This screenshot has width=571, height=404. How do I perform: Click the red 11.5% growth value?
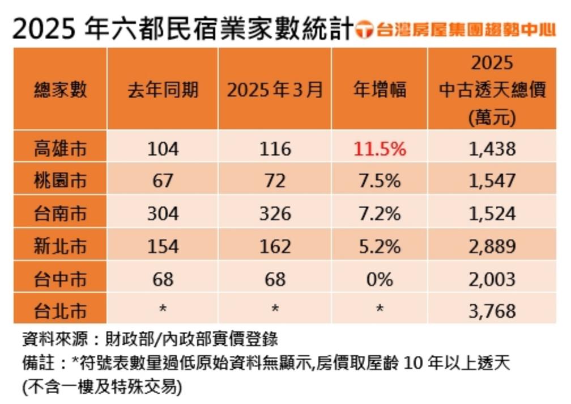click(x=380, y=149)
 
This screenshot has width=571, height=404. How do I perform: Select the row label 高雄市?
click(x=59, y=149)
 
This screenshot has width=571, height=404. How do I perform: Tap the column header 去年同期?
click(x=163, y=90)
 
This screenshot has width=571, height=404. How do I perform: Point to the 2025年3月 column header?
click(x=275, y=90)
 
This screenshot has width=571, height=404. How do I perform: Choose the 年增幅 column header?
click(x=380, y=90)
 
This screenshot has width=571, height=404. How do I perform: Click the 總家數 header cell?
click(x=59, y=90)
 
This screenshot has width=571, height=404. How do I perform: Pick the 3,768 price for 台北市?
click(x=492, y=310)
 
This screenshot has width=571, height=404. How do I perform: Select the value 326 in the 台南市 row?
click(x=275, y=213)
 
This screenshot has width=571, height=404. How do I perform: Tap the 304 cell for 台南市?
click(x=163, y=213)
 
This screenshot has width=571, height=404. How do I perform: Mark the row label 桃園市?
click(x=59, y=181)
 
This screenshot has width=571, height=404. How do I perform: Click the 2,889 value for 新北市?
click(x=492, y=246)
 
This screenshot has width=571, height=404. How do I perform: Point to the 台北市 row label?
click(x=59, y=310)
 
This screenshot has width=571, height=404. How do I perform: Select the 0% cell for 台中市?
click(x=380, y=279)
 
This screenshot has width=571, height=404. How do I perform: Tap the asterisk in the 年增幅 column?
click(x=380, y=309)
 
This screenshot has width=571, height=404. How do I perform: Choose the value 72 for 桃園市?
click(x=275, y=181)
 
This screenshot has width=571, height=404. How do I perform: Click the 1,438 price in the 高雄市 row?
click(x=492, y=149)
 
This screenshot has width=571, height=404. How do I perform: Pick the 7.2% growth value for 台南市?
click(x=380, y=213)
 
